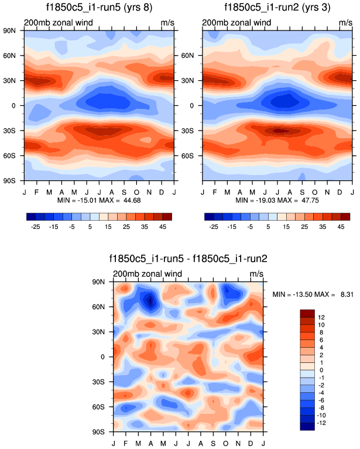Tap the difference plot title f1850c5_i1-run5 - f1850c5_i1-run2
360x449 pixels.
(188, 258)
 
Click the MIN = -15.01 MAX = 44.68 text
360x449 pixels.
(98, 200)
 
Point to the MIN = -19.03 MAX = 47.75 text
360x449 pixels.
(277, 200)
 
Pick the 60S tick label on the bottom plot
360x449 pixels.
(105, 406)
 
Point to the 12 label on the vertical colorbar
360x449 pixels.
(321, 317)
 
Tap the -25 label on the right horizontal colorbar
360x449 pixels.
(214, 226)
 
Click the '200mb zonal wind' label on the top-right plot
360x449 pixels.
(236, 23)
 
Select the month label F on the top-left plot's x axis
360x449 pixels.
(36, 191)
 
